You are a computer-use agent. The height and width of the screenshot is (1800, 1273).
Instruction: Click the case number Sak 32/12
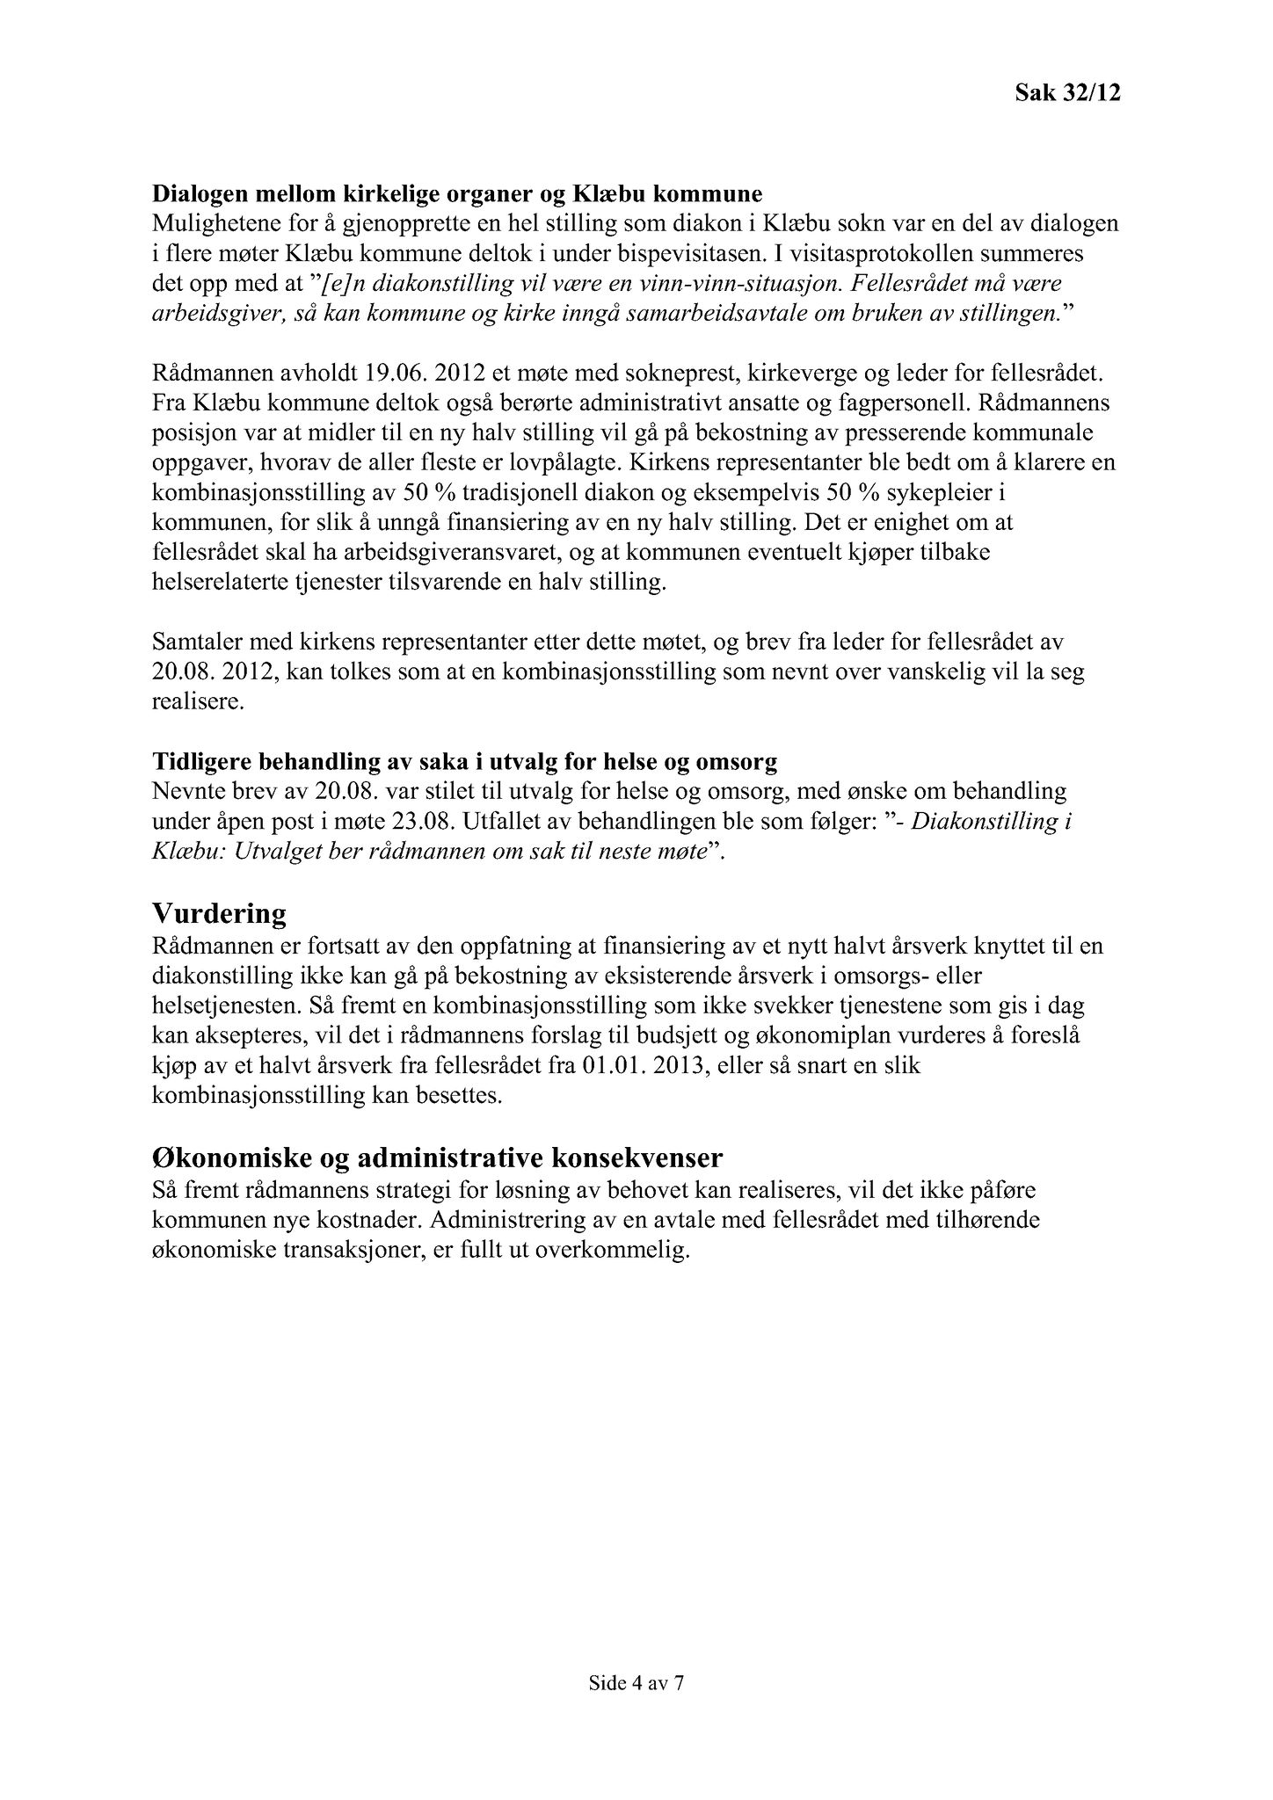click(x=1067, y=93)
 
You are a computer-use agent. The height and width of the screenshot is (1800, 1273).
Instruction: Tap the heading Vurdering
click(x=219, y=914)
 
